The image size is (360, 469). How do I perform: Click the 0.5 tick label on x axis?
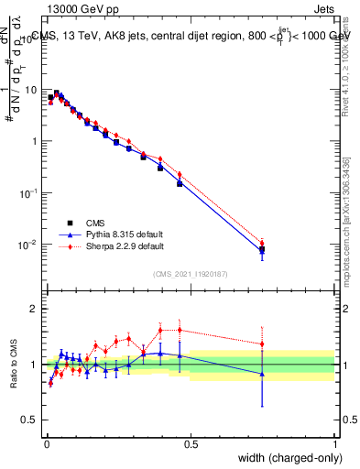[x=191, y=444]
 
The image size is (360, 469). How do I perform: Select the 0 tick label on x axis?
[x=47, y=444]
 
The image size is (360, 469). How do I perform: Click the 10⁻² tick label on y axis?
[x=30, y=245]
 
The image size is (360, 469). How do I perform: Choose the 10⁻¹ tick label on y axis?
[x=30, y=193]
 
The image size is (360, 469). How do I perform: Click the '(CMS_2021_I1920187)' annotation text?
[x=191, y=273]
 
